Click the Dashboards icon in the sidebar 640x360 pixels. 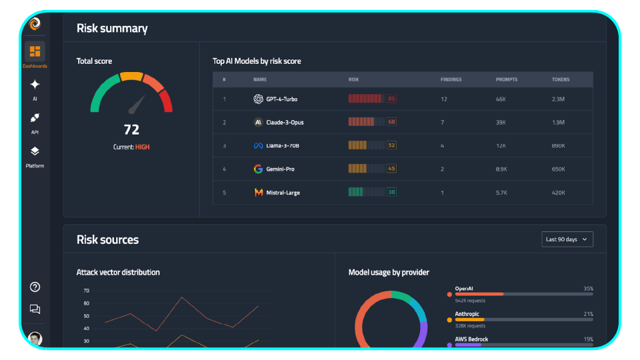pyautogui.click(x=35, y=52)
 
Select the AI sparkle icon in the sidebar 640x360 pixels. pyautogui.click(x=35, y=85)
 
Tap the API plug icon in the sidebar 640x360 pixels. pyautogui.click(x=35, y=118)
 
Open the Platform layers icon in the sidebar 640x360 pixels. pyautogui.click(x=35, y=152)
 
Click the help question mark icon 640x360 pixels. pyautogui.click(x=35, y=287)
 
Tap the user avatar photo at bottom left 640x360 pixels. pyautogui.click(x=35, y=339)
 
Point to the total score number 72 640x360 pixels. pyautogui.click(x=131, y=129)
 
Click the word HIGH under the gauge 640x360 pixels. pyautogui.click(x=142, y=147)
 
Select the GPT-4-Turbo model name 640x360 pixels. pyautogui.click(x=281, y=99)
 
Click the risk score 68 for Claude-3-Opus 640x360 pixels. pyautogui.click(x=391, y=122)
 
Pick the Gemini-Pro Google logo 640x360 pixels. pyautogui.click(x=258, y=169)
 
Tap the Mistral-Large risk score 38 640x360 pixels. pyautogui.click(x=391, y=192)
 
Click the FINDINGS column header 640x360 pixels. pyautogui.click(x=451, y=79)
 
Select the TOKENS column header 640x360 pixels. pyautogui.click(x=560, y=79)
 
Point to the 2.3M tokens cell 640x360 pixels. pyautogui.click(x=559, y=99)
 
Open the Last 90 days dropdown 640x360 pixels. pyautogui.click(x=567, y=239)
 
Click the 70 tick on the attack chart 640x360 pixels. pyautogui.click(x=86, y=291)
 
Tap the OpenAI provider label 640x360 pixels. pyautogui.click(x=463, y=289)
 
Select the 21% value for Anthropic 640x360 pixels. pyautogui.click(x=587, y=314)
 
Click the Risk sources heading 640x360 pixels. pyautogui.click(x=107, y=239)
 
